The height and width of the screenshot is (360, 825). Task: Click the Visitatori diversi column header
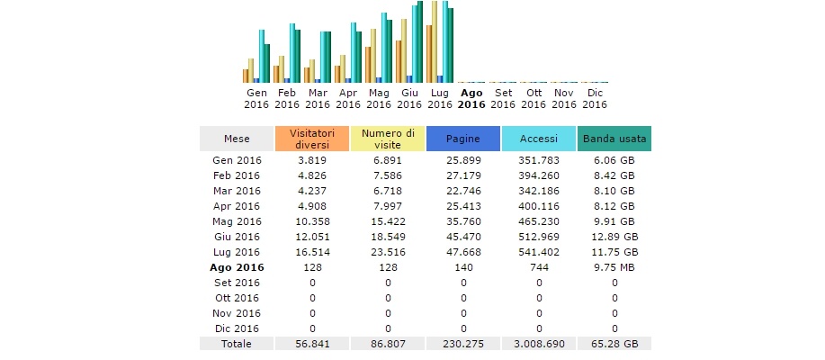coord(312,139)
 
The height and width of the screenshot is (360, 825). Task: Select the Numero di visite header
coord(388,139)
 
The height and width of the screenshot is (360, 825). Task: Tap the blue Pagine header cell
coord(463,139)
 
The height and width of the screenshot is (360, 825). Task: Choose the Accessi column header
coord(539,139)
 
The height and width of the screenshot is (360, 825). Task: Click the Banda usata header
coord(614,139)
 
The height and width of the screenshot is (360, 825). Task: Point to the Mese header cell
coord(238,139)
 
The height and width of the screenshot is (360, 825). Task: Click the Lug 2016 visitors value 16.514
coord(312,252)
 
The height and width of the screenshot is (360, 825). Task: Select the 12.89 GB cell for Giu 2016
coord(614,237)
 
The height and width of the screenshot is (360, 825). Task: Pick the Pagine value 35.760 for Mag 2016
coord(463,221)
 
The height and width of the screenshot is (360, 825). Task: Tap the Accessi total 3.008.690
coord(539,344)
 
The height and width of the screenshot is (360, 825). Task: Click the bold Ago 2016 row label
coord(238,267)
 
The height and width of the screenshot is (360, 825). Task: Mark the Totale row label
coord(238,344)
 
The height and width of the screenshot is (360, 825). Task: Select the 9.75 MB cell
coord(614,267)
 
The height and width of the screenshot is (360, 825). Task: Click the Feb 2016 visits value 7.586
coord(388,175)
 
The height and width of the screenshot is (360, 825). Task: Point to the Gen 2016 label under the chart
coord(256,98)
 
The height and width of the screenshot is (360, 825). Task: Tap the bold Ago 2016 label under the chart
coord(471,98)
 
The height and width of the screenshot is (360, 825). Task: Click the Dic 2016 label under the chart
coord(595,98)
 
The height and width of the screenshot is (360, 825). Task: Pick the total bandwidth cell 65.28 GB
coord(614,344)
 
